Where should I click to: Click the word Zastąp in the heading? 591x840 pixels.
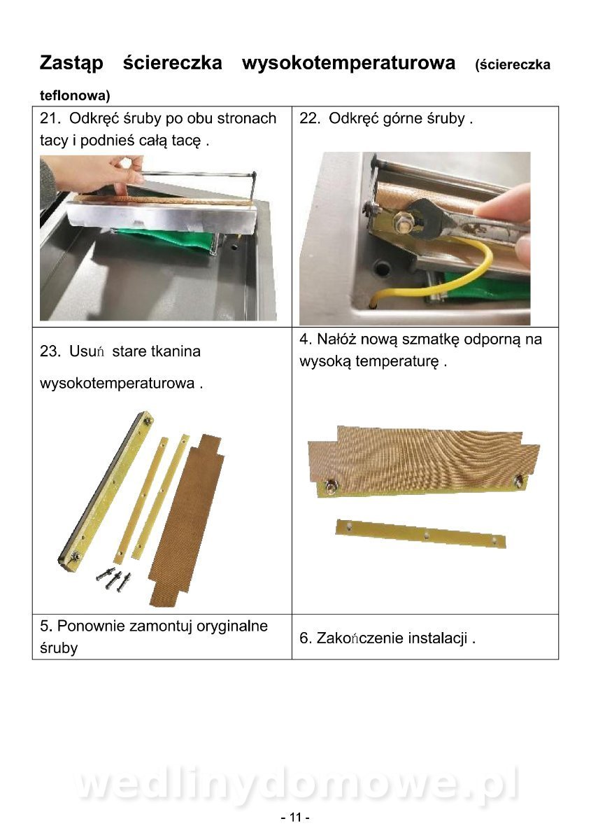click(71, 62)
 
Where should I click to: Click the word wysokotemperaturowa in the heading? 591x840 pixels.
click(348, 62)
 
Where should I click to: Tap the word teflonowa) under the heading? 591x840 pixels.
click(75, 96)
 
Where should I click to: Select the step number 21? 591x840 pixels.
click(50, 118)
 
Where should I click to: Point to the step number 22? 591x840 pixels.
click(310, 118)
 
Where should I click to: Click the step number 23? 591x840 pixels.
click(50, 351)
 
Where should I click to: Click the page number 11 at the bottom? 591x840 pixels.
click(296, 817)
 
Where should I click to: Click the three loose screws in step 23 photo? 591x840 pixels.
click(114, 580)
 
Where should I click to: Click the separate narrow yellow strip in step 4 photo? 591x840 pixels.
click(421, 533)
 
